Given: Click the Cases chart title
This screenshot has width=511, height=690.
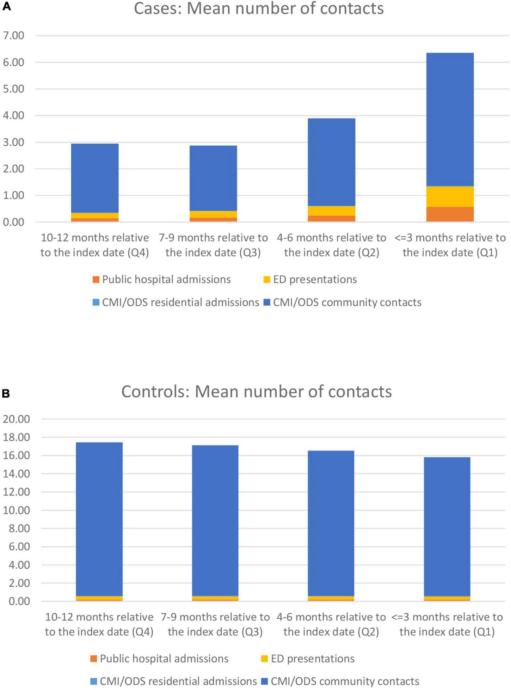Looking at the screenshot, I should pyautogui.click(x=258, y=8).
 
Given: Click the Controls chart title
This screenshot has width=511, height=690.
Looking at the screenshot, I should pyautogui.click(x=256, y=392).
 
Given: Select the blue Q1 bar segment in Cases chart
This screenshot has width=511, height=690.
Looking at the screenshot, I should pyautogui.click(x=450, y=119).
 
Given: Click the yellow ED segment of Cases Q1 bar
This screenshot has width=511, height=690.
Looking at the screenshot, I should pyautogui.click(x=450, y=196).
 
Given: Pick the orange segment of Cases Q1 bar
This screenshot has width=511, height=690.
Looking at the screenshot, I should pyautogui.click(x=450, y=214).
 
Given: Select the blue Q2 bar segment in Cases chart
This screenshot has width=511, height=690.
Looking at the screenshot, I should pyautogui.click(x=331, y=162).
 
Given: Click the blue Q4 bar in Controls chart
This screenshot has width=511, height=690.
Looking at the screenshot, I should pyautogui.click(x=99, y=519).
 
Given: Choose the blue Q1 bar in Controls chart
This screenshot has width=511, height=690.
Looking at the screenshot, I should pyautogui.click(x=447, y=526).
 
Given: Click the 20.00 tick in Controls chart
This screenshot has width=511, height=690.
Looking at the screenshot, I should pyautogui.click(x=16, y=419).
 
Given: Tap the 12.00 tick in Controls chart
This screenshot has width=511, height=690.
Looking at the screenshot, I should pyautogui.click(x=16, y=492).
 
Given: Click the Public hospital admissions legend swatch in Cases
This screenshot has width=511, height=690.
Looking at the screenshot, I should pyautogui.click(x=96, y=280).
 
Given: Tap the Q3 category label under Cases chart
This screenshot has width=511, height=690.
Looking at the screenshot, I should pyautogui.click(x=213, y=245).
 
